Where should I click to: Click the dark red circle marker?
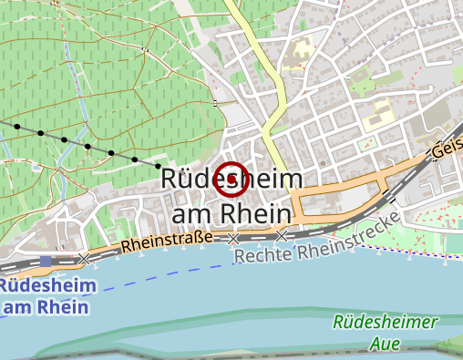[x=229, y=180]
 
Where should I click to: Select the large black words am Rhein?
[x=231, y=212]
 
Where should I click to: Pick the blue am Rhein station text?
[x=46, y=306]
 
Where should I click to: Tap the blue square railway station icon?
[x=46, y=262]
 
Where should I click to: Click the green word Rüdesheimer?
[x=386, y=323]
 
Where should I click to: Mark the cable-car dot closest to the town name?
[x=158, y=167]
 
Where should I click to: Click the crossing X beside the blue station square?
[x=85, y=259]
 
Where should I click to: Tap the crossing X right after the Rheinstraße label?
[x=233, y=239]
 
